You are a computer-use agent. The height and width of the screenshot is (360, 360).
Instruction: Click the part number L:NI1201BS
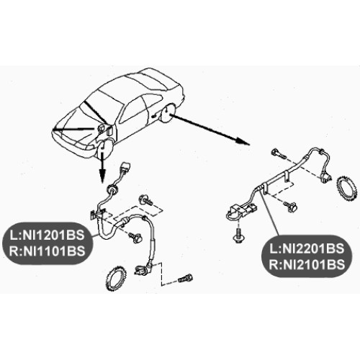pyautogui.click(x=47, y=235)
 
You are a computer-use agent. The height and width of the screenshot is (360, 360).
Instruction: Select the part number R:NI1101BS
pyautogui.click(x=47, y=251)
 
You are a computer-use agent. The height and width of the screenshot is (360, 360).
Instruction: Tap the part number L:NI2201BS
pyautogui.click(x=307, y=248)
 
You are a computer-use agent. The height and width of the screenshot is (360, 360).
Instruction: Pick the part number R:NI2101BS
pyautogui.click(x=307, y=265)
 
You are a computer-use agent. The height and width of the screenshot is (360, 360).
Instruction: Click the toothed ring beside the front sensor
pyautogui.click(x=116, y=279)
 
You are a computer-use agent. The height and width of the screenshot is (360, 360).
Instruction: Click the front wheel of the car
pyautogui.click(x=105, y=149)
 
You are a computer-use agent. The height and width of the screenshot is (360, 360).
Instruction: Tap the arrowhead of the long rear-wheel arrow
pyautogui.click(x=243, y=142)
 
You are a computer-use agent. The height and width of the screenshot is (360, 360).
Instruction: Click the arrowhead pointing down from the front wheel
pyautogui.click(x=102, y=176)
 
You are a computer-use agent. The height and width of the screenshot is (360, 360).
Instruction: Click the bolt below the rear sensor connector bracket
pyautogui.click(x=238, y=235)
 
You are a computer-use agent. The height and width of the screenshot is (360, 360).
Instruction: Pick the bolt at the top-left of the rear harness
pyautogui.click(x=279, y=154)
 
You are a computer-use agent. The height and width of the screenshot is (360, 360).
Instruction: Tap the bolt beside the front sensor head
pyautogui.click(x=186, y=279)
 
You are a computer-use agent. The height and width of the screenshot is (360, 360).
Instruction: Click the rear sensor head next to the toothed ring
pyautogui.click(x=326, y=177)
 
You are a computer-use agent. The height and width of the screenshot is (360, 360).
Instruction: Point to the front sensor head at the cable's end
pyautogui.click(x=143, y=269)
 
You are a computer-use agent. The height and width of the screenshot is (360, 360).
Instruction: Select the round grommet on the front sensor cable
pyautogui.click(x=112, y=189)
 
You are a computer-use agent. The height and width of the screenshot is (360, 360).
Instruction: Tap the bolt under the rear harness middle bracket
pyautogui.click(x=290, y=205)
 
